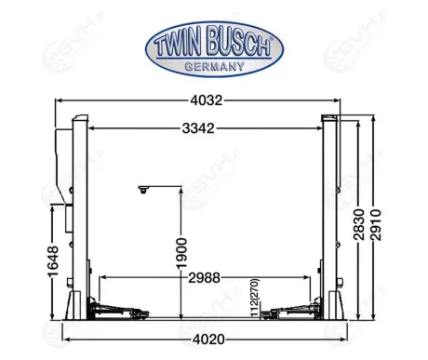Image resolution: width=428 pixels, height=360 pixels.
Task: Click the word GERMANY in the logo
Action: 210,65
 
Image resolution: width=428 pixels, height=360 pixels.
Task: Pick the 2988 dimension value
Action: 207,278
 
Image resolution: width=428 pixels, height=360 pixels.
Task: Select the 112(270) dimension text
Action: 254,298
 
